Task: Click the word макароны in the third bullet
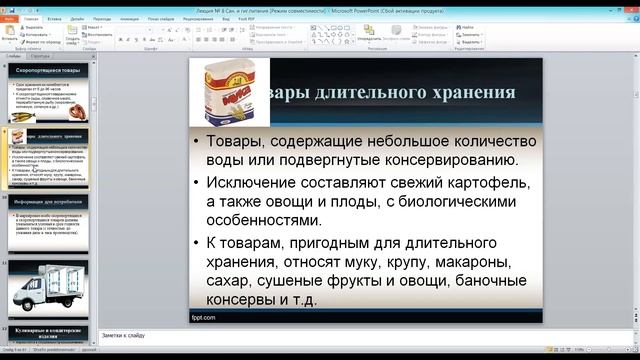444,262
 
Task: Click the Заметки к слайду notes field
360,334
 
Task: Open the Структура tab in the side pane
41,57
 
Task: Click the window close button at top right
627,5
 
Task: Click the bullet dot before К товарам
196,244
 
